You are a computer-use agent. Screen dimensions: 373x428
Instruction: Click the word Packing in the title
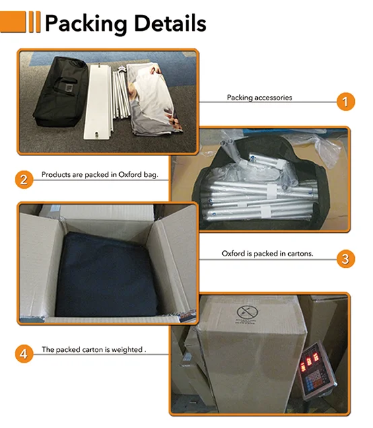point(86,24)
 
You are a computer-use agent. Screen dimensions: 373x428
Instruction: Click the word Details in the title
point(170,23)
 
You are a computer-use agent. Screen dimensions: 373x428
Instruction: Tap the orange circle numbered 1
point(345,102)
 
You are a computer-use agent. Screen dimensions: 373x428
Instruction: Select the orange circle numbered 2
point(24,180)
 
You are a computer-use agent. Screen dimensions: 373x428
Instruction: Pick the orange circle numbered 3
point(345,258)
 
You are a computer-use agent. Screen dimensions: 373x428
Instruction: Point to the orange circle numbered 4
point(24,354)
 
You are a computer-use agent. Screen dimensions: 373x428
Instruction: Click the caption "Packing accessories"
point(259,98)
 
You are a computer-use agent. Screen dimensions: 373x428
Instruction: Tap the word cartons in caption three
point(300,254)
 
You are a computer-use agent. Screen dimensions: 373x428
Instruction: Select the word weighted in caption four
point(127,350)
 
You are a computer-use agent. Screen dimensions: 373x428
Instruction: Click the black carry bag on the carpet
point(61,92)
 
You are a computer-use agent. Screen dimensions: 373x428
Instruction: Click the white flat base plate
point(98,101)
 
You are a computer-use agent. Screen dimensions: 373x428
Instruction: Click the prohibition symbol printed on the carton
point(247,312)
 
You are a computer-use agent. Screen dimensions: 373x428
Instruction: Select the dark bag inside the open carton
point(106,275)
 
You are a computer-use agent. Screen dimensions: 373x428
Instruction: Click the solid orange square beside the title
point(13,22)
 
